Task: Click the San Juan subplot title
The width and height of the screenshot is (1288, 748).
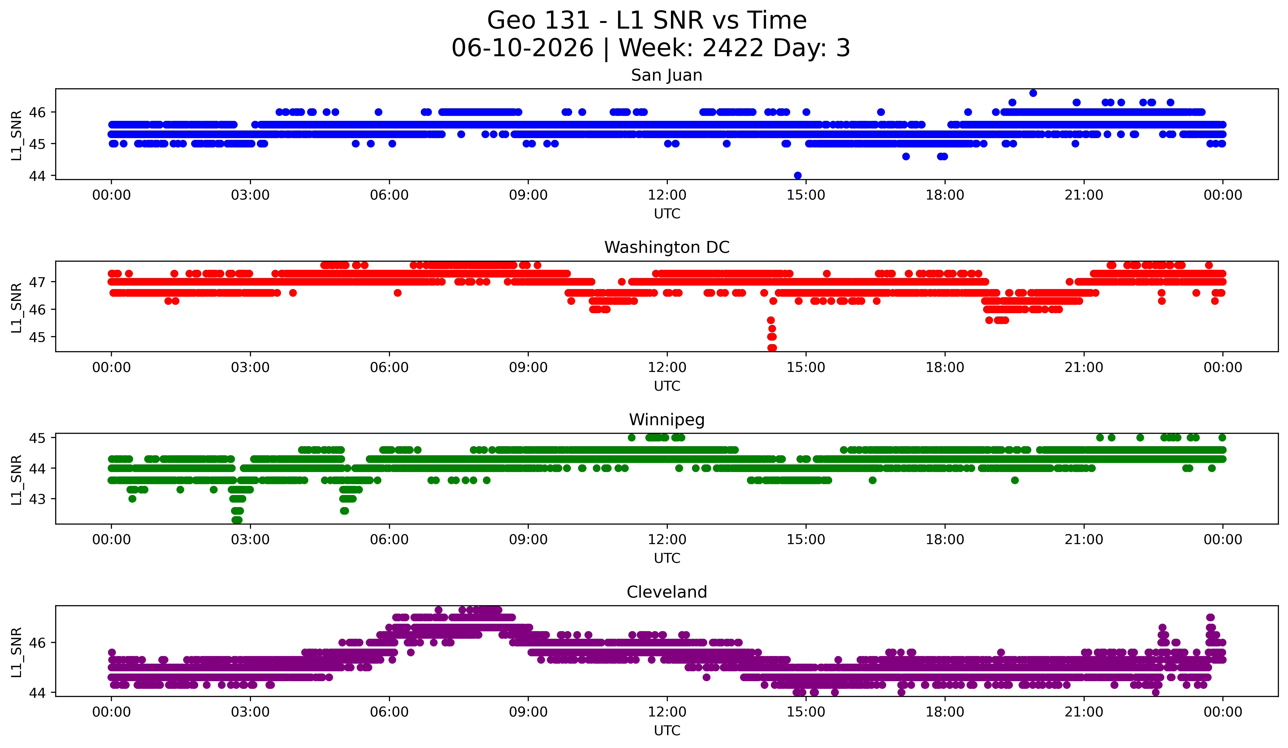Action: (x=667, y=75)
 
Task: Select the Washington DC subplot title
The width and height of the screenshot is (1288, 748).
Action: (x=667, y=247)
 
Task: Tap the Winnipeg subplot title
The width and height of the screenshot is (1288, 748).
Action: (x=667, y=420)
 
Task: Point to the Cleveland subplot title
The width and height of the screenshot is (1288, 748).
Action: (x=667, y=592)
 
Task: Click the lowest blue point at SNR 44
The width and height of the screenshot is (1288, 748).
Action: (x=797, y=175)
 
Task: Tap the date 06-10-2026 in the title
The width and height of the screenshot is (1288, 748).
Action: (x=522, y=48)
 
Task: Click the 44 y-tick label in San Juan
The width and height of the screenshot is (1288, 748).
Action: (x=37, y=176)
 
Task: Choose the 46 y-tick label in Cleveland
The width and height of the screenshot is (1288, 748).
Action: (x=37, y=643)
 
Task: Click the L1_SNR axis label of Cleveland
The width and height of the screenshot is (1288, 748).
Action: (x=16, y=652)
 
